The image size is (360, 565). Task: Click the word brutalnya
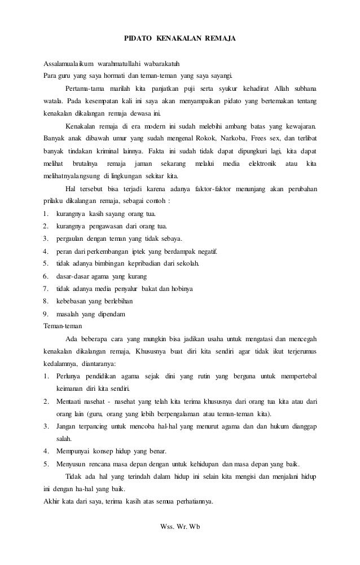86,163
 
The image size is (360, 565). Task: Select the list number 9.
46,313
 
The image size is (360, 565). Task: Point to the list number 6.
46,276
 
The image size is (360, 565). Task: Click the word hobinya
180,288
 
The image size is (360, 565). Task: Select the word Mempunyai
76,451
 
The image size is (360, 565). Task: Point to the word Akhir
53,501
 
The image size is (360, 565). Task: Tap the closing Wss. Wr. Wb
181,527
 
